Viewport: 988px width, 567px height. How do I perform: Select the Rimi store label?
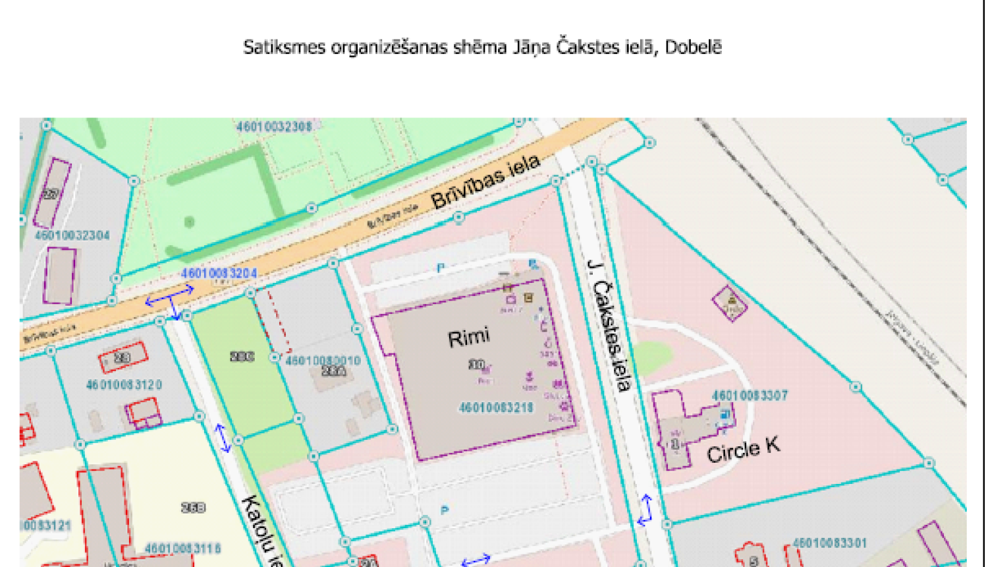(468, 338)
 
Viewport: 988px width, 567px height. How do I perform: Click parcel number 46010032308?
(274, 126)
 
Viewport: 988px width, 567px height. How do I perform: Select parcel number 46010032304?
(72, 235)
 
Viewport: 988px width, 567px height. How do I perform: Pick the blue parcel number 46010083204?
(219, 273)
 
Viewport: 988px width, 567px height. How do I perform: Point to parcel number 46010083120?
(124, 384)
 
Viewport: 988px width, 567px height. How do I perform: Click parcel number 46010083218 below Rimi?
(495, 408)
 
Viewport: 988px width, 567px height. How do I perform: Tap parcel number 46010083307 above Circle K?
(750, 396)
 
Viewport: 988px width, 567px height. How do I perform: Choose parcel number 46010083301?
(829, 543)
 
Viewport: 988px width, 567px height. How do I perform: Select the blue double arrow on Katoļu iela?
(223, 438)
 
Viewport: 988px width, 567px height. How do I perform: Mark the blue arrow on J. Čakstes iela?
(645, 510)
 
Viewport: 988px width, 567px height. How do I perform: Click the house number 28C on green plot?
(242, 357)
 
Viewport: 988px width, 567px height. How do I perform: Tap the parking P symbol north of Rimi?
(441, 268)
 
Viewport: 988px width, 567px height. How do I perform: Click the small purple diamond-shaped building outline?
(730, 303)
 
